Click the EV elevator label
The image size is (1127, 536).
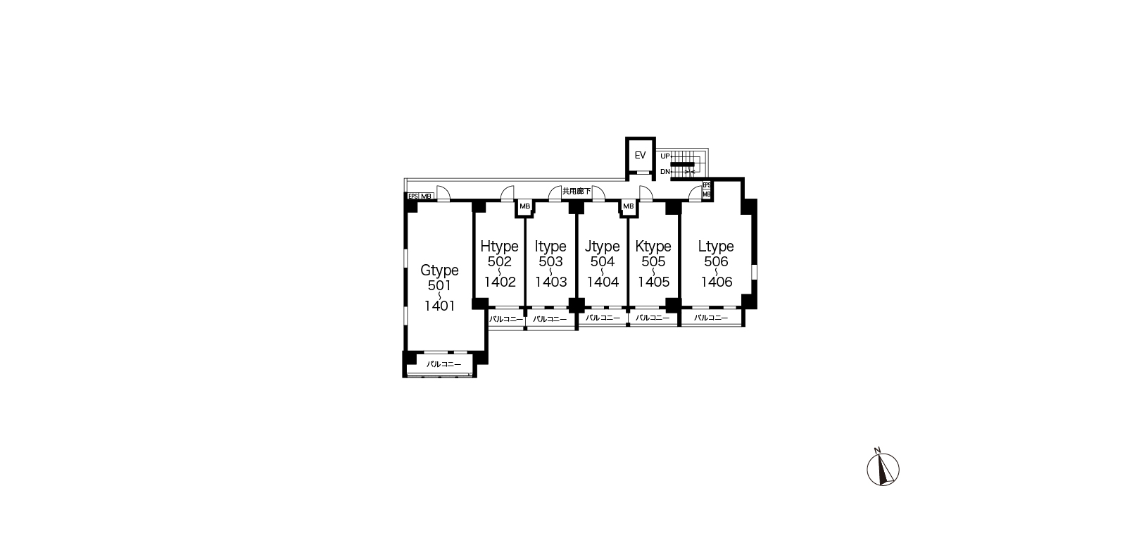640,155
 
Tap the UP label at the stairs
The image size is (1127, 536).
665,156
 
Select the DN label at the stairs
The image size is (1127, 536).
665,172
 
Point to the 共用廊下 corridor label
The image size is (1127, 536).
577,192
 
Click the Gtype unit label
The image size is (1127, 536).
439,270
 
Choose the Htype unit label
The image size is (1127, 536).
499,246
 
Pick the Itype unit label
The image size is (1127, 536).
550,246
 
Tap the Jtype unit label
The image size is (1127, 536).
603,246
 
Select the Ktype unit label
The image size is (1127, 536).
653,246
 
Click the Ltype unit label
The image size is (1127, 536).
716,246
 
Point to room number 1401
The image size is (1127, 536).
440,306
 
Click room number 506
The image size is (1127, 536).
716,261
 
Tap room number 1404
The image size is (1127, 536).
603,282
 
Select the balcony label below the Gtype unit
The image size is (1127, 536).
443,364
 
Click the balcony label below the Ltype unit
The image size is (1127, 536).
711,318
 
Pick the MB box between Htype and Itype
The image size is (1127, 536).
524,206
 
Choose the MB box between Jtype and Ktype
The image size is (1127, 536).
628,206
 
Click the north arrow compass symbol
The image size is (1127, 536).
883,468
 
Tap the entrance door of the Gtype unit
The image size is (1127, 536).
443,194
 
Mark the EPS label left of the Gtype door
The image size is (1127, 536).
413,197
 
